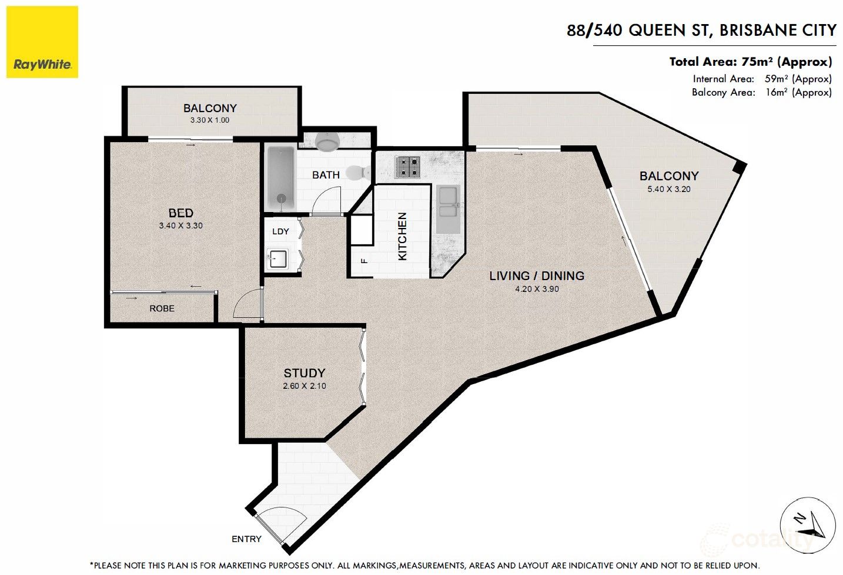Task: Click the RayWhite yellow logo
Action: pos(42,42)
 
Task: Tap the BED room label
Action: pos(180,213)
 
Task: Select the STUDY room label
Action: pos(304,373)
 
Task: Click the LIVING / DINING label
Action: pos(536,275)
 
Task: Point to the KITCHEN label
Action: pos(403,236)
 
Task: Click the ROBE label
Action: pos(162,308)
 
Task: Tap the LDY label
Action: pos(280,231)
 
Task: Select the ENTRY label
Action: pos(246,539)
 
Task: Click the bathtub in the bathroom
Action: pos(280,179)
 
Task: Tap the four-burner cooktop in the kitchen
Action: pos(408,166)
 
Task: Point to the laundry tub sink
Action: pos(277,258)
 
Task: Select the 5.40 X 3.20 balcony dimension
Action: pos(669,189)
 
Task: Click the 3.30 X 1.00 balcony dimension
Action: pos(210,120)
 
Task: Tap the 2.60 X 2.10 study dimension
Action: pos(304,386)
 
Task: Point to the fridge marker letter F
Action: pos(364,260)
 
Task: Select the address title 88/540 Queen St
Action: pos(701,30)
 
